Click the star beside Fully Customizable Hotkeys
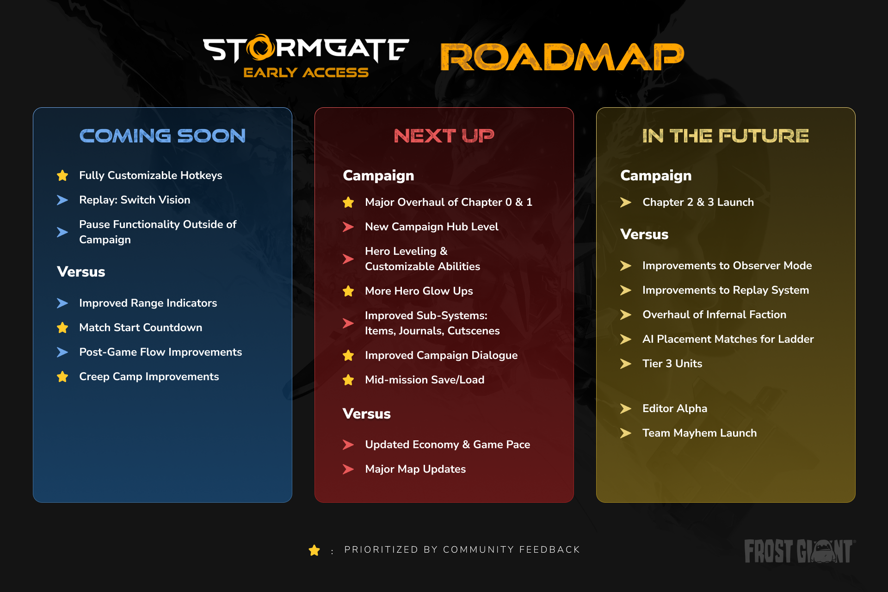(62, 175)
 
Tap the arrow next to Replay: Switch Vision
(62, 200)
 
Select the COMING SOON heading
(162, 136)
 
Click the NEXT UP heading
(444, 136)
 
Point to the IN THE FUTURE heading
(726, 136)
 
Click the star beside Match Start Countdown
(62, 327)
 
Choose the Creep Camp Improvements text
(149, 376)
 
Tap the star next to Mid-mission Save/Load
(348, 380)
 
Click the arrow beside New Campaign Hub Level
(348, 227)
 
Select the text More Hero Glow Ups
(419, 291)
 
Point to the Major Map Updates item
(415, 469)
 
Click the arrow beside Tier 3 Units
(626, 364)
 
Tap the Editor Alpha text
(675, 408)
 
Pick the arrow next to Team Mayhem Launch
(626, 433)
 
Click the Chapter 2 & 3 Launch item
(698, 202)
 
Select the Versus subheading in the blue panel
(81, 271)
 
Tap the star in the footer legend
(314, 550)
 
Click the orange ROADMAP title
(562, 57)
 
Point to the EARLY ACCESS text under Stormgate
(306, 73)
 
